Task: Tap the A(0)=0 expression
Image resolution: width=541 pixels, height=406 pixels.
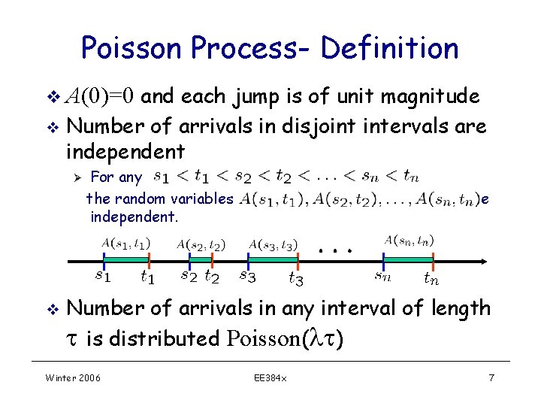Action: [x=100, y=96]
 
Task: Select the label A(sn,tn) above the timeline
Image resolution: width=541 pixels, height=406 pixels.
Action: [x=409, y=241]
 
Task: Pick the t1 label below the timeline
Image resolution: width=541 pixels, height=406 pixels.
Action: [x=148, y=277]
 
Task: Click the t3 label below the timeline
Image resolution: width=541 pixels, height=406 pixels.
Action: [x=296, y=279]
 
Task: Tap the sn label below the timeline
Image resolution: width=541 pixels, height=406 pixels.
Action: [x=383, y=276]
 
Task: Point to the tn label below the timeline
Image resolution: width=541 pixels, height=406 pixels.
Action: [x=431, y=279]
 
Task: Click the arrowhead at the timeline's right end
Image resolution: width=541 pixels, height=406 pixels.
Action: [x=484, y=261]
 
